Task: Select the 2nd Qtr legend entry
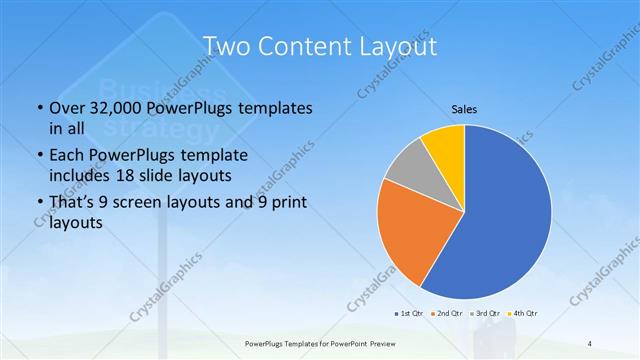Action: pyautogui.click(x=445, y=314)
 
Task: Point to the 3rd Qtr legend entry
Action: pyautogui.click(x=484, y=314)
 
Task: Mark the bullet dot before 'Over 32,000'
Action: pyautogui.click(x=38, y=108)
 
